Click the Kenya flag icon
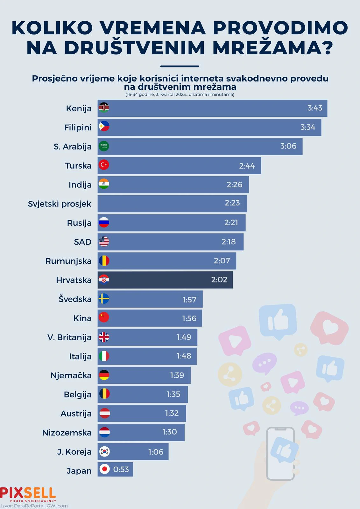click(x=104, y=108)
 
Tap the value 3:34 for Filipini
click(x=308, y=127)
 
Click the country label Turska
click(x=78, y=166)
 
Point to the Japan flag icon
click(x=104, y=469)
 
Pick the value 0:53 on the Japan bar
click(x=121, y=470)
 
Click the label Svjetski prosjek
click(x=60, y=204)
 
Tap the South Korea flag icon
click(x=104, y=451)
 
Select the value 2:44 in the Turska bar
click(x=247, y=166)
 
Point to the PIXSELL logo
click(x=28, y=494)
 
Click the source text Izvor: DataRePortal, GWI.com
click(x=34, y=506)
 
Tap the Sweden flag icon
click(x=104, y=299)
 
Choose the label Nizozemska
click(x=67, y=433)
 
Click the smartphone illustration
click(x=280, y=453)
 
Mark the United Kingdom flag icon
click(x=104, y=337)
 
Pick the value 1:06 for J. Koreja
click(x=156, y=452)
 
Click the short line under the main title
click(x=180, y=66)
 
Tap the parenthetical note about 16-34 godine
click(x=180, y=94)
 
